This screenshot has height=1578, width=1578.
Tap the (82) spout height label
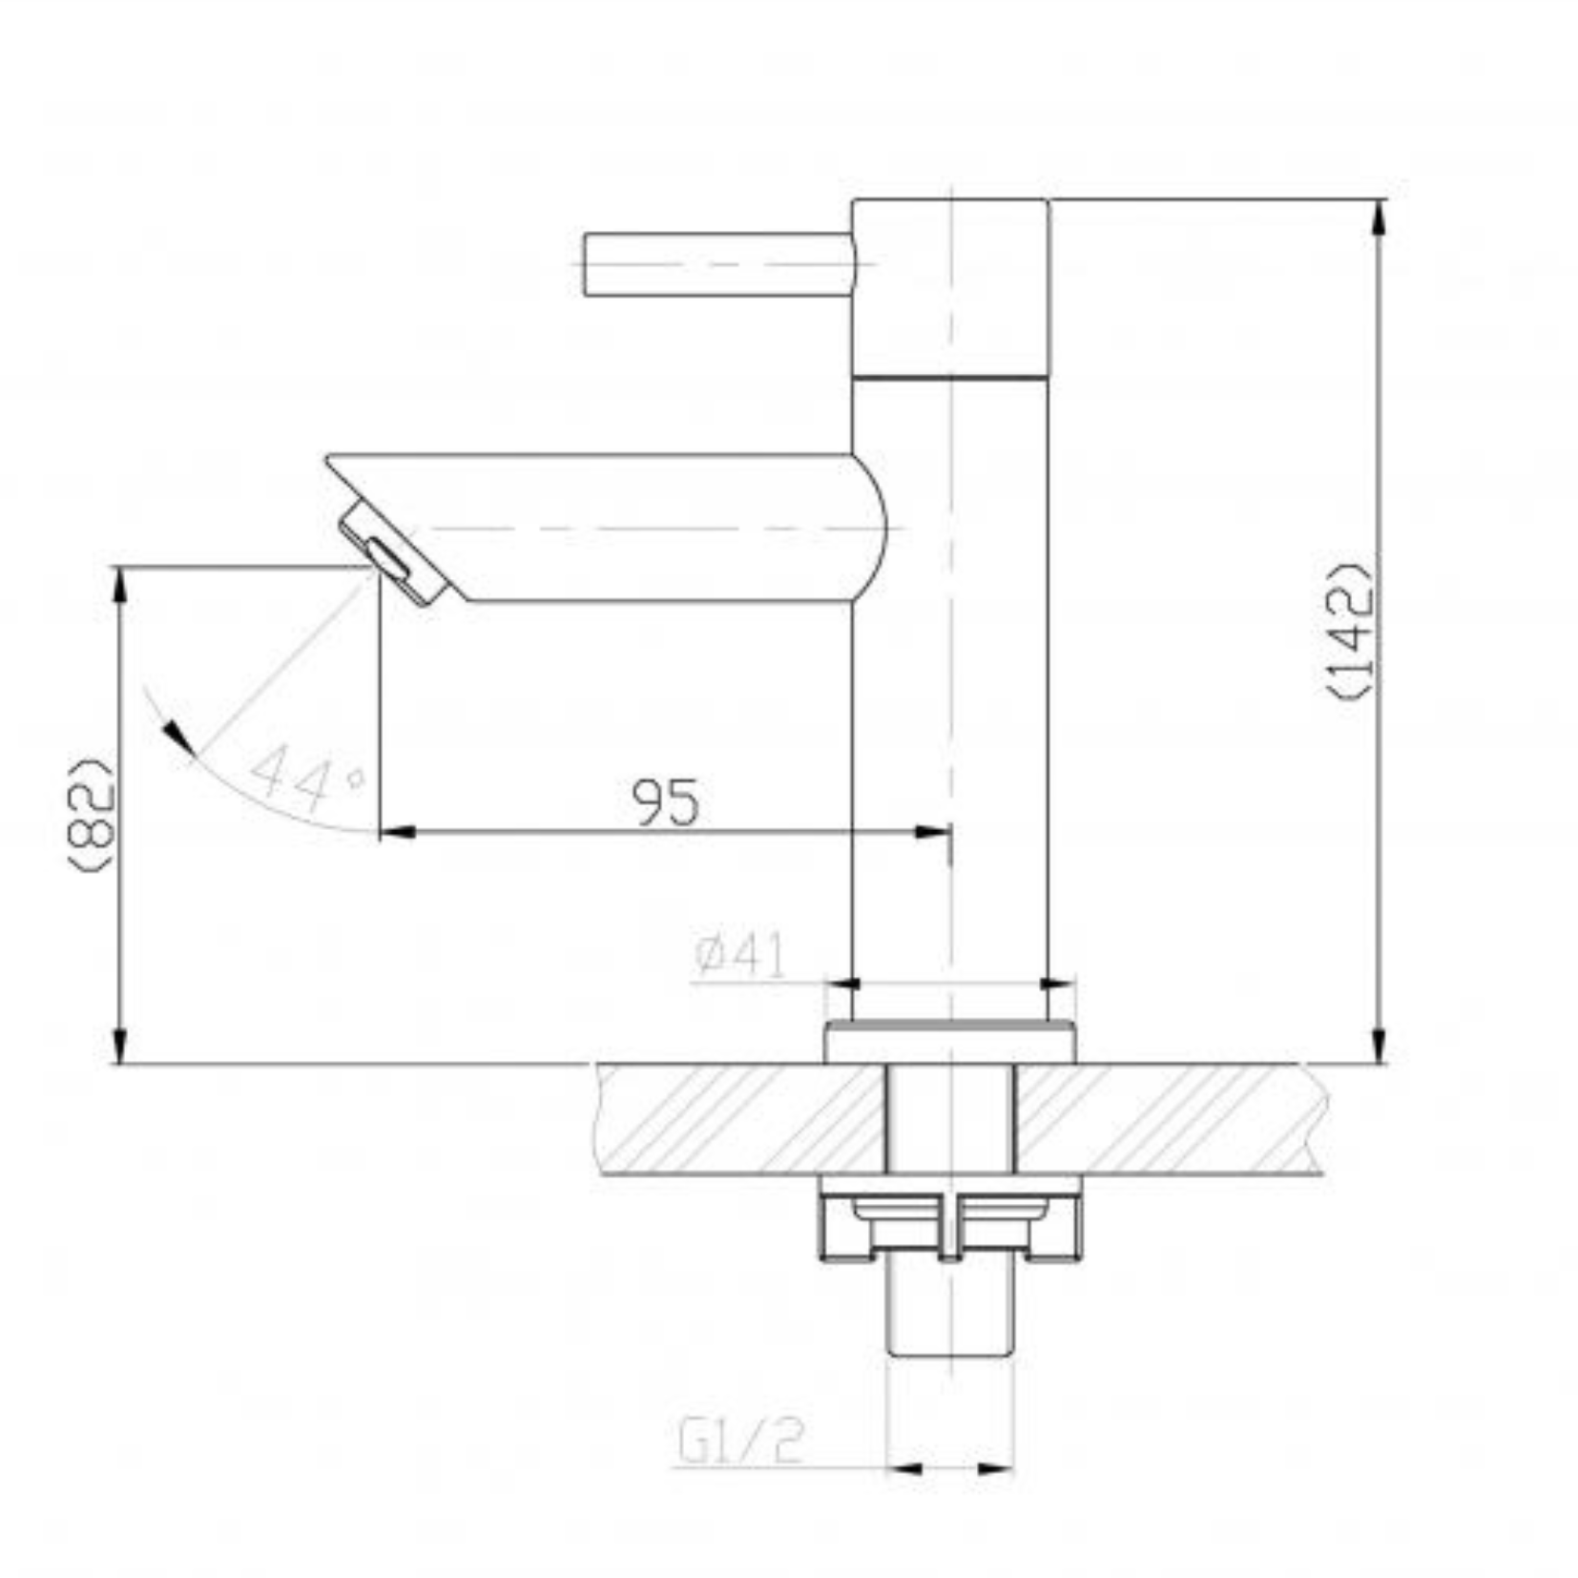(93, 813)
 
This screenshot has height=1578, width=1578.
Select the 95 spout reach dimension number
(666, 801)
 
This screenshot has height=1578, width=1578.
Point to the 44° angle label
(306, 774)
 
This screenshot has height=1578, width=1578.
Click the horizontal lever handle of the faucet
(720, 263)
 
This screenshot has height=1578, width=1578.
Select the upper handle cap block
(950, 287)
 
